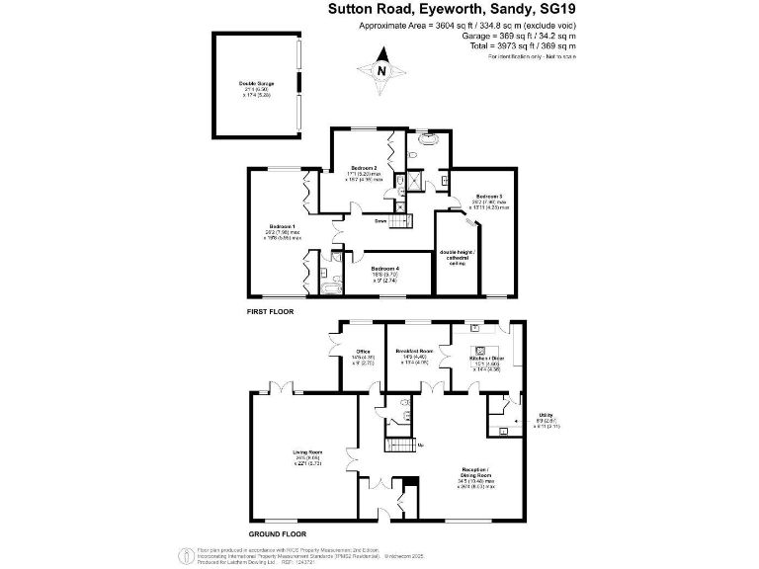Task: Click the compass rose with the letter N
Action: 381,71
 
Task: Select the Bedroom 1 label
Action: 282,226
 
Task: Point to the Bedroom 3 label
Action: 488,196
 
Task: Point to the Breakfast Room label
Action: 414,351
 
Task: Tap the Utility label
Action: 546,415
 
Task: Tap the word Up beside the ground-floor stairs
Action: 423,446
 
